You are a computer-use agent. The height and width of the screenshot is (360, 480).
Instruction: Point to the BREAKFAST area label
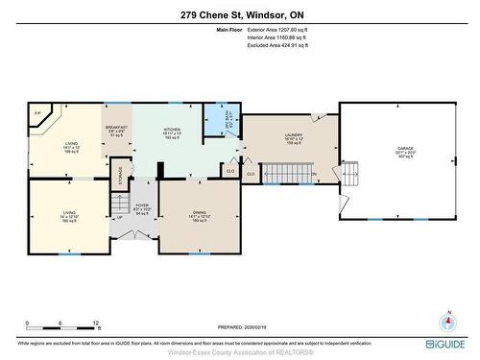(116, 129)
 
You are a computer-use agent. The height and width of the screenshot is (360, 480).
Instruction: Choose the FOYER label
(142, 206)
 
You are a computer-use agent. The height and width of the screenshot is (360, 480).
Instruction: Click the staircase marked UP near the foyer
(120, 207)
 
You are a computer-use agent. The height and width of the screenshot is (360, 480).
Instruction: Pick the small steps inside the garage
(350, 173)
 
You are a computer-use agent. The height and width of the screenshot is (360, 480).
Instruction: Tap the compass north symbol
(446, 319)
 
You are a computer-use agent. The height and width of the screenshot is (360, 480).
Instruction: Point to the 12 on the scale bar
(96, 324)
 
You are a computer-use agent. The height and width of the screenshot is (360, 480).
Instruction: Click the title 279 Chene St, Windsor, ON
(239, 15)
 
